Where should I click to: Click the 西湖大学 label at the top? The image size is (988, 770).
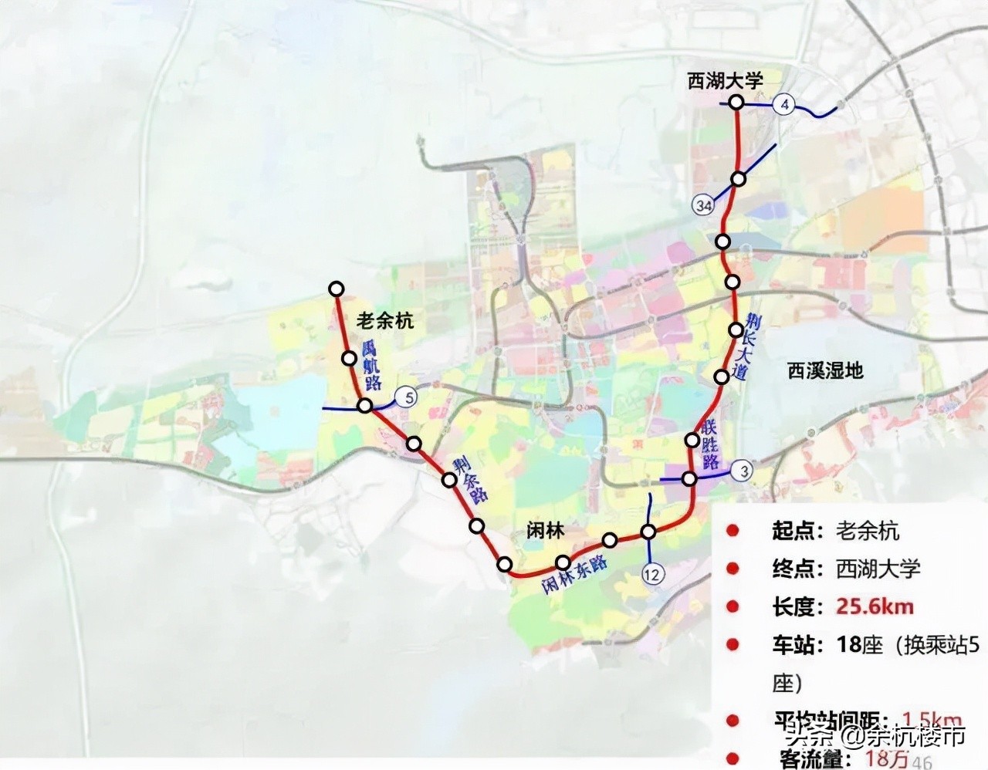tap(725, 80)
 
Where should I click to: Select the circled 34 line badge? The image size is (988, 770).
tap(703, 205)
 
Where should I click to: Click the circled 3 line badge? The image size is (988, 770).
tap(743, 471)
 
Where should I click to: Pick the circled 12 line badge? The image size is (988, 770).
tap(652, 574)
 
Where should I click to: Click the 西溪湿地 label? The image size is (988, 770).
tap(825, 370)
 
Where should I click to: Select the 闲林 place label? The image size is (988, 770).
tap(545, 530)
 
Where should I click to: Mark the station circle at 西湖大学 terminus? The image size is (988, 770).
tap(736, 102)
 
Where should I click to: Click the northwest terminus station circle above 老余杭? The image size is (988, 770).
tap(336, 289)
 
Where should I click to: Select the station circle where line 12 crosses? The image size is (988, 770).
tap(648, 532)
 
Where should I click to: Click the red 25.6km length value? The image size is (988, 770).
tap(875, 606)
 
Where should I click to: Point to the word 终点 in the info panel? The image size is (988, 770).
tap(793, 569)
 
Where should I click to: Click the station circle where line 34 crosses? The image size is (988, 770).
tap(739, 179)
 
